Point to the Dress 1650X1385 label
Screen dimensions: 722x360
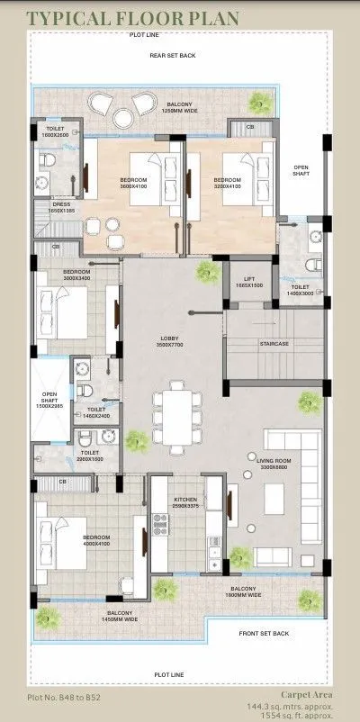tap(62, 207)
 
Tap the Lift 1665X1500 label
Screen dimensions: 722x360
tap(249, 282)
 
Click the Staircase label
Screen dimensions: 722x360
tap(274, 343)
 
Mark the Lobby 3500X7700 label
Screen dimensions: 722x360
tap(169, 340)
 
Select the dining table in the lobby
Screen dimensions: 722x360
tap(171, 417)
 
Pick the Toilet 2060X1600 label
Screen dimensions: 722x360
tap(91, 456)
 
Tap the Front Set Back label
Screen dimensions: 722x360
tap(264, 634)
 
